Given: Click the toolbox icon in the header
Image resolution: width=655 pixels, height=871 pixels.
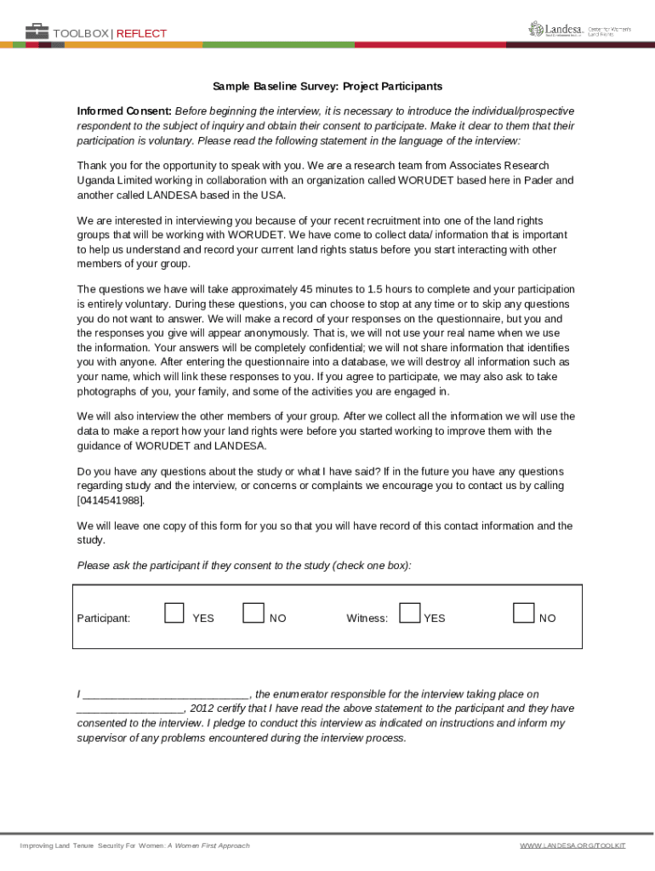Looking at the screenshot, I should coord(37,32).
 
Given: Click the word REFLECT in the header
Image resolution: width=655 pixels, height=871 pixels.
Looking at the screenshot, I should coord(141,34).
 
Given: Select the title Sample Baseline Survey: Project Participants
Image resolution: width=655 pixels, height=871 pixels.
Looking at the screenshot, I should coord(327,87).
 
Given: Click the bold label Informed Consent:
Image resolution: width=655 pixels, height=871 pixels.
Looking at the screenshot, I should coord(124,111).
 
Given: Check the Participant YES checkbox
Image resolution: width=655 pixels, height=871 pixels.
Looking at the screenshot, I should coord(174,612).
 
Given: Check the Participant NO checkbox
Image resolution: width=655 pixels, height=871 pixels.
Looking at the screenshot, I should coord(253,612).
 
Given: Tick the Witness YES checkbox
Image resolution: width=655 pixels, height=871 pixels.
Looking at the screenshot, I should coord(409,612).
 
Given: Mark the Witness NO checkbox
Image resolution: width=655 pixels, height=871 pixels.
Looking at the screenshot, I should coord(524,612).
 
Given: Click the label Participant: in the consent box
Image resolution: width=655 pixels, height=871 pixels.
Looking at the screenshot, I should coord(104,618).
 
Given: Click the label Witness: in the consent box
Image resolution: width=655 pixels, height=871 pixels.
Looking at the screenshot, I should coord(367,618).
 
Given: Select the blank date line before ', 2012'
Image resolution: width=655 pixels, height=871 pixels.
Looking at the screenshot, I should coord(130,709).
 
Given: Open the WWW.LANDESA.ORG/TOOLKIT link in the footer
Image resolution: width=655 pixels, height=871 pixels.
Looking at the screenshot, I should coord(572,845).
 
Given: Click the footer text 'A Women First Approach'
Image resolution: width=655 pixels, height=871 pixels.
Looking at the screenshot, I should coord(208,845).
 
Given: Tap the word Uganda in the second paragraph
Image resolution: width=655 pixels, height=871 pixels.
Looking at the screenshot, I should coord(96,180).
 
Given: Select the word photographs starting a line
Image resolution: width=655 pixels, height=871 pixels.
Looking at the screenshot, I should coord(106,391).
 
